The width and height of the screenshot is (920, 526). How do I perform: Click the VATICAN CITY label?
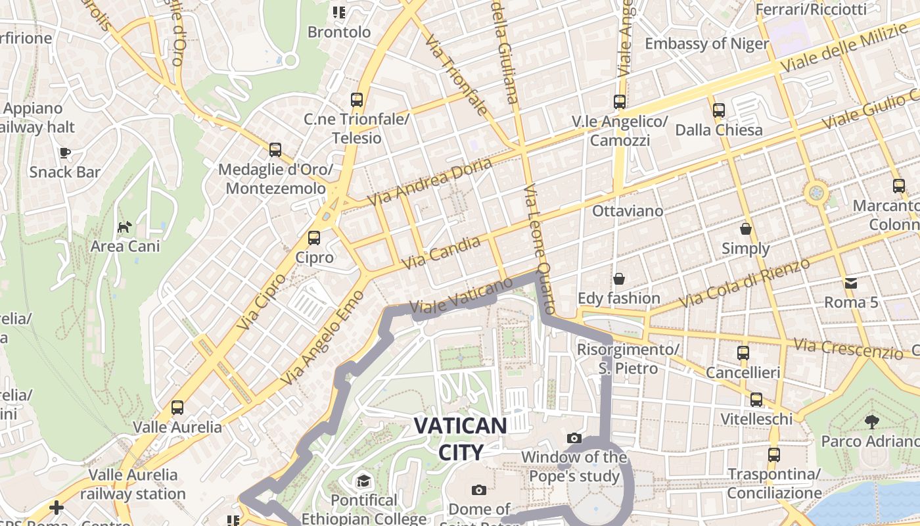tap(460, 439)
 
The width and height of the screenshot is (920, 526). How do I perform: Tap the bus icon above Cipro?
tap(314, 238)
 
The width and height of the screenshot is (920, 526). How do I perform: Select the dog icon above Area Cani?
tap(124, 227)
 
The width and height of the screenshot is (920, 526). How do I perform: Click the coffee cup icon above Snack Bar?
tap(65, 153)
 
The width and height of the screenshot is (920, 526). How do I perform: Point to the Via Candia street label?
tap(440, 253)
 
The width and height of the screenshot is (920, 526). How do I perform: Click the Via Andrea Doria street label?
tap(430, 181)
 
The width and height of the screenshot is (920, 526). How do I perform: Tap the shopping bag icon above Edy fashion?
tap(618, 279)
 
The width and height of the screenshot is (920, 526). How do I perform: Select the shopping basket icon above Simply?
tap(745, 229)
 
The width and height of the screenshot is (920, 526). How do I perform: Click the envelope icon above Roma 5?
tap(851, 283)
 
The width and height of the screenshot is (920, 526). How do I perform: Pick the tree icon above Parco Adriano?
tap(871, 421)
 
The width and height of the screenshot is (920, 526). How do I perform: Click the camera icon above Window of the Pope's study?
tap(574, 438)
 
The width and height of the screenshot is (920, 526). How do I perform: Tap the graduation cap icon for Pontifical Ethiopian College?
tap(363, 481)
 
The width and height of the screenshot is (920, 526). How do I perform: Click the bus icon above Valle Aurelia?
tap(177, 408)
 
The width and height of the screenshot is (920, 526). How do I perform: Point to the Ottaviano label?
tap(628, 211)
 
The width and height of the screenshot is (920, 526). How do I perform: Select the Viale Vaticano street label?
tap(460, 297)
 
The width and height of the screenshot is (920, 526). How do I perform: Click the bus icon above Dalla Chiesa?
tap(719, 110)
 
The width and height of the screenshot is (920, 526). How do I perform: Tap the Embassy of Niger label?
tap(706, 44)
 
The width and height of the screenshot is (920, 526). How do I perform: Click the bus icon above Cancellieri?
tap(743, 353)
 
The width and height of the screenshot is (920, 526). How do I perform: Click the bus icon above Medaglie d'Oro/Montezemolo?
tap(275, 150)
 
